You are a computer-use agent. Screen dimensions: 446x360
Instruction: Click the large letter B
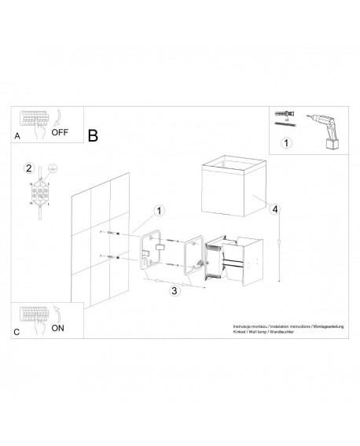[x=93, y=135]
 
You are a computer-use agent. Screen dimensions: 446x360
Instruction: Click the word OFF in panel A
[x=61, y=132]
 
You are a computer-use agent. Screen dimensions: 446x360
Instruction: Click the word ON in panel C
[x=57, y=329]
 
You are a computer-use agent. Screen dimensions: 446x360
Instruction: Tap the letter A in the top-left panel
[x=17, y=136]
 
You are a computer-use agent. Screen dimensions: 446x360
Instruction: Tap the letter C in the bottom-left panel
[x=17, y=333]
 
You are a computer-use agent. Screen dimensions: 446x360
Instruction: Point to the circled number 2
[x=28, y=168]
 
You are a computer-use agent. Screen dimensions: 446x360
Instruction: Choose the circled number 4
[x=275, y=208]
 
